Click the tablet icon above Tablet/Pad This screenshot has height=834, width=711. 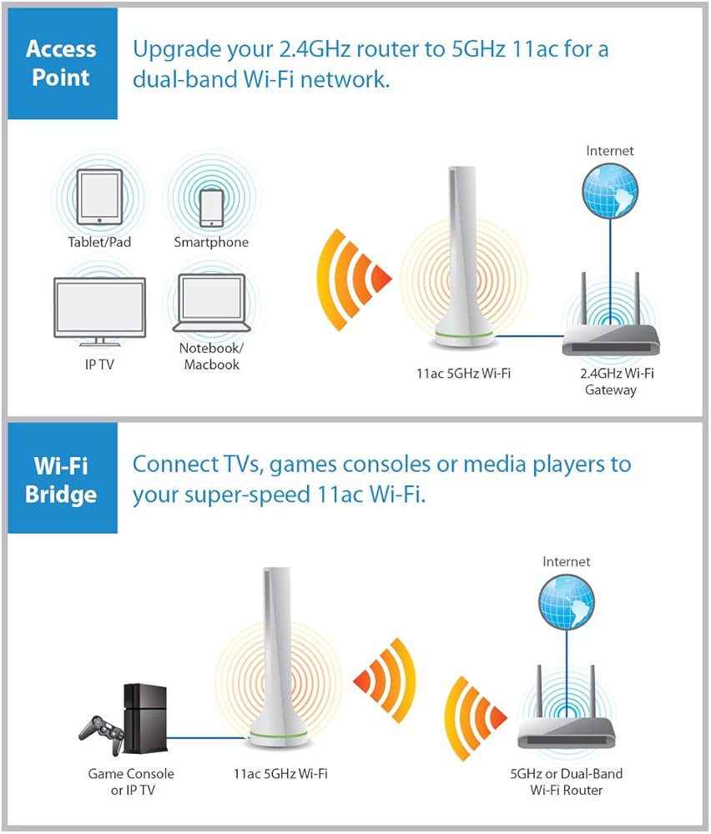[x=99, y=197]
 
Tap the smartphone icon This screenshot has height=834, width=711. [x=211, y=207]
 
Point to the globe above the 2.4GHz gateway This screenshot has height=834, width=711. [x=610, y=188]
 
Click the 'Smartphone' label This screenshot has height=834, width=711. [x=211, y=243]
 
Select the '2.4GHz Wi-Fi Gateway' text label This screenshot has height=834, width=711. [x=610, y=381]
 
